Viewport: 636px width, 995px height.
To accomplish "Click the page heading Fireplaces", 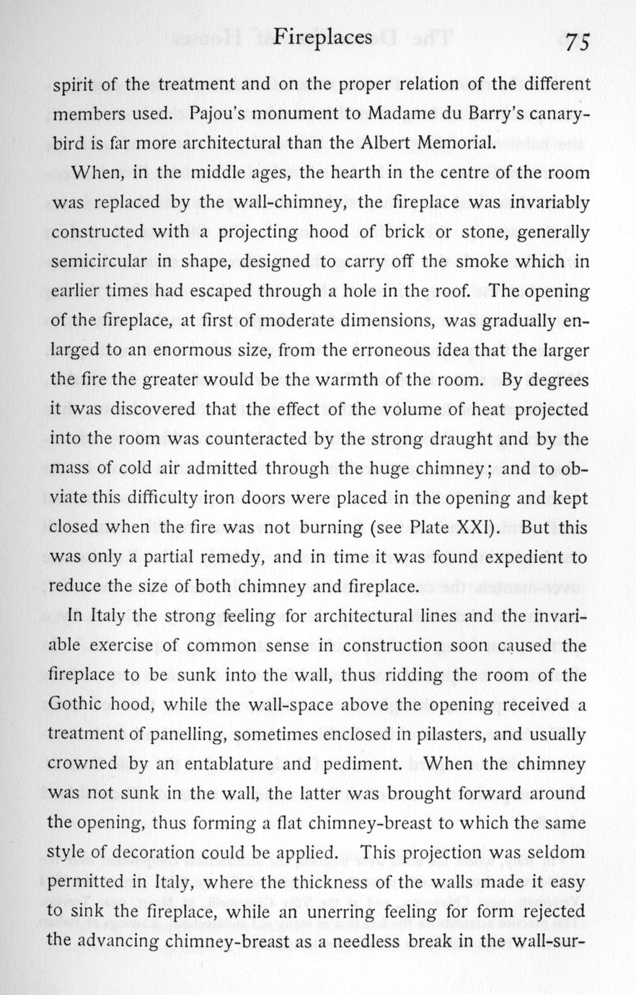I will pyautogui.click(x=324, y=38).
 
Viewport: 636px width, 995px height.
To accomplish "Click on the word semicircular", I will pyautogui.click(x=97, y=262).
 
